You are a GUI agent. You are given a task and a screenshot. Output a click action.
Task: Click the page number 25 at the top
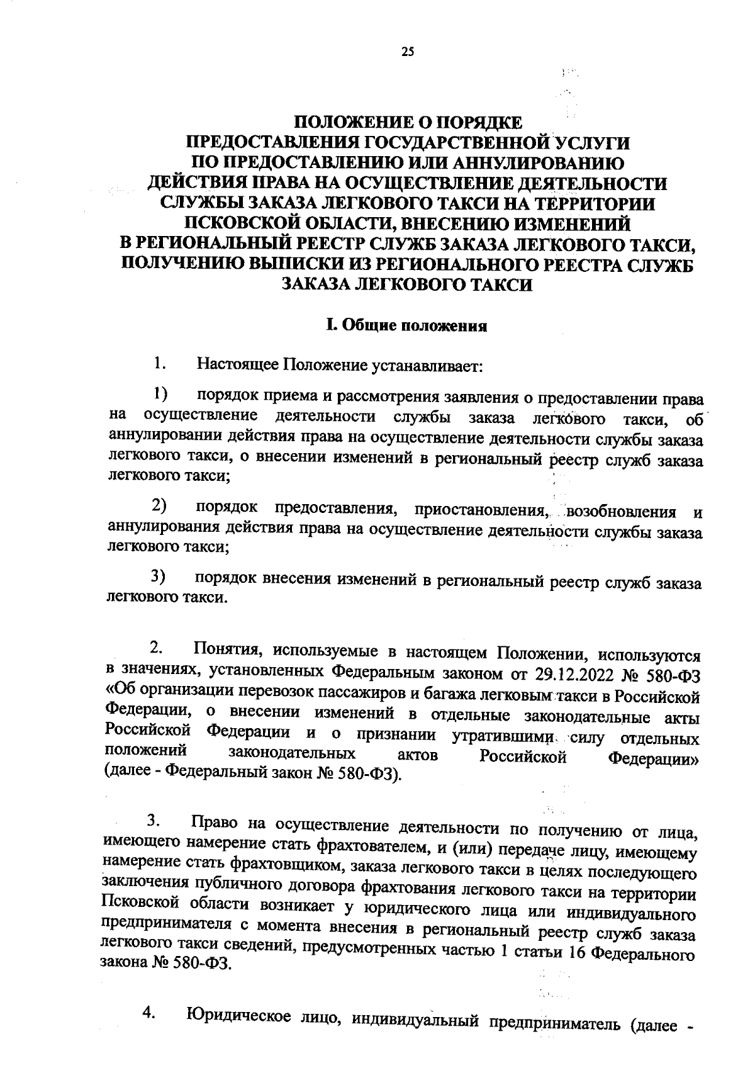pos(407,53)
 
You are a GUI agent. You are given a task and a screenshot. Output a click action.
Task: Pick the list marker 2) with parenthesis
pos(159,505)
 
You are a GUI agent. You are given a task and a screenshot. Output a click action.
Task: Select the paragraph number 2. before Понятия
pos(157,648)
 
